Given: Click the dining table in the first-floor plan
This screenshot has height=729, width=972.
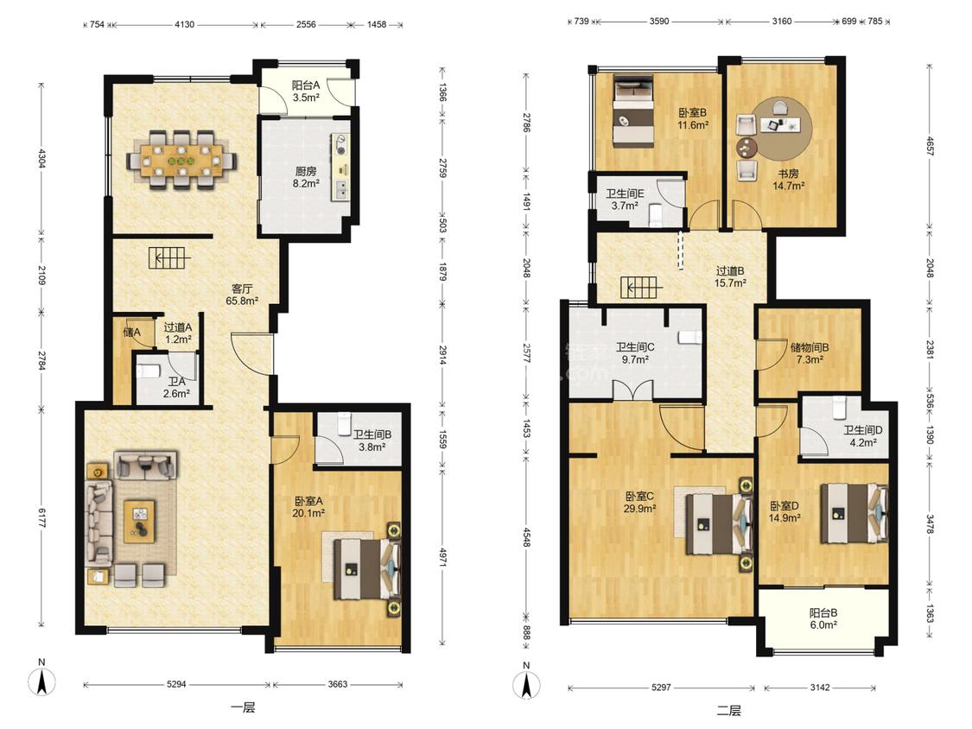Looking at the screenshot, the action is tap(181, 162).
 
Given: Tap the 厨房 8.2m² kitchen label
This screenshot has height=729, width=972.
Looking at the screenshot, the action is tap(306, 177).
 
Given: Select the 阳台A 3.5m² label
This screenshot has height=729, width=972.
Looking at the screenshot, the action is tap(306, 92).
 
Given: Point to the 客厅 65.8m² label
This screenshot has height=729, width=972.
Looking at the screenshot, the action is tap(243, 295).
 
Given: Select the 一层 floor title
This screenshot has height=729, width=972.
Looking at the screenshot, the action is tap(243, 707).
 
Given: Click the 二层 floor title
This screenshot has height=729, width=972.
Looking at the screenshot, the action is tap(728, 710).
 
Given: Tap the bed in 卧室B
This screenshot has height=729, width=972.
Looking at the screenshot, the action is tap(633, 111).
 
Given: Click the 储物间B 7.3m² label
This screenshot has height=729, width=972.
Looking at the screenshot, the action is tap(810, 353).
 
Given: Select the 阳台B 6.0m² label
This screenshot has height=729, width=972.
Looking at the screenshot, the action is tap(823, 618).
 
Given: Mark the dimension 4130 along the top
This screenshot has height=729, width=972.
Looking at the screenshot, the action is tap(184, 25).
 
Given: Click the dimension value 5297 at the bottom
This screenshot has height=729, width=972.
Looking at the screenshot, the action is tap(661, 688).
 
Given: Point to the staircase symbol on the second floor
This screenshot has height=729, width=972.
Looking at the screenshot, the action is tap(641, 288).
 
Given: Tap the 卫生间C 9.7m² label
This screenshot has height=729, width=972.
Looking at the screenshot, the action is tap(635, 353).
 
